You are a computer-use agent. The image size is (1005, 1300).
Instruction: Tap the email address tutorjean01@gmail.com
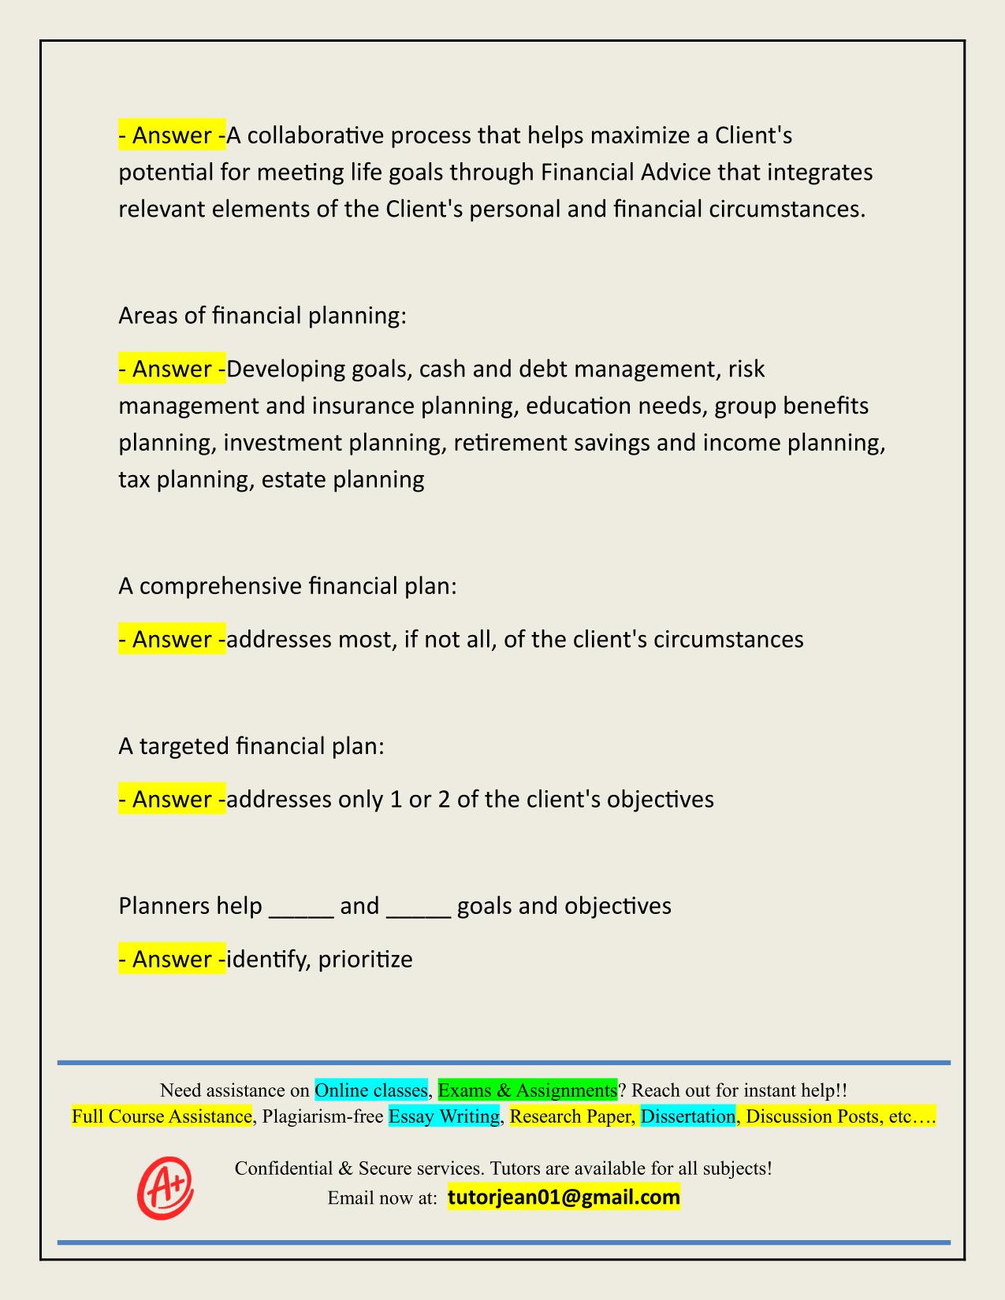click(x=564, y=1198)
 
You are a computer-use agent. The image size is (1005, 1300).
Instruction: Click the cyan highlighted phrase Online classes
click(x=370, y=1090)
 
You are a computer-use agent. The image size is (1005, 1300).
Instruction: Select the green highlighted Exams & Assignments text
click(x=527, y=1090)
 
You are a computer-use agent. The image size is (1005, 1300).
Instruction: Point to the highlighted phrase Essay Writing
click(x=445, y=1116)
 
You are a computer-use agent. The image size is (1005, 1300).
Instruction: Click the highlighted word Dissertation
click(x=687, y=1116)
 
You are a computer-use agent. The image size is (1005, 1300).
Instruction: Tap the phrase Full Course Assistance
click(x=162, y=1116)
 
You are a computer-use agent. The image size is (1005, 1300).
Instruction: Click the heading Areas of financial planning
click(x=262, y=316)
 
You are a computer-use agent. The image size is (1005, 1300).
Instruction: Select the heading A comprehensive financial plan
click(x=288, y=586)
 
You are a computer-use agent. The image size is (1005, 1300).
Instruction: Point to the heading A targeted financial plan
click(x=251, y=745)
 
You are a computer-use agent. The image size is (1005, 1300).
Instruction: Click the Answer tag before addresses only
click(x=172, y=799)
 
